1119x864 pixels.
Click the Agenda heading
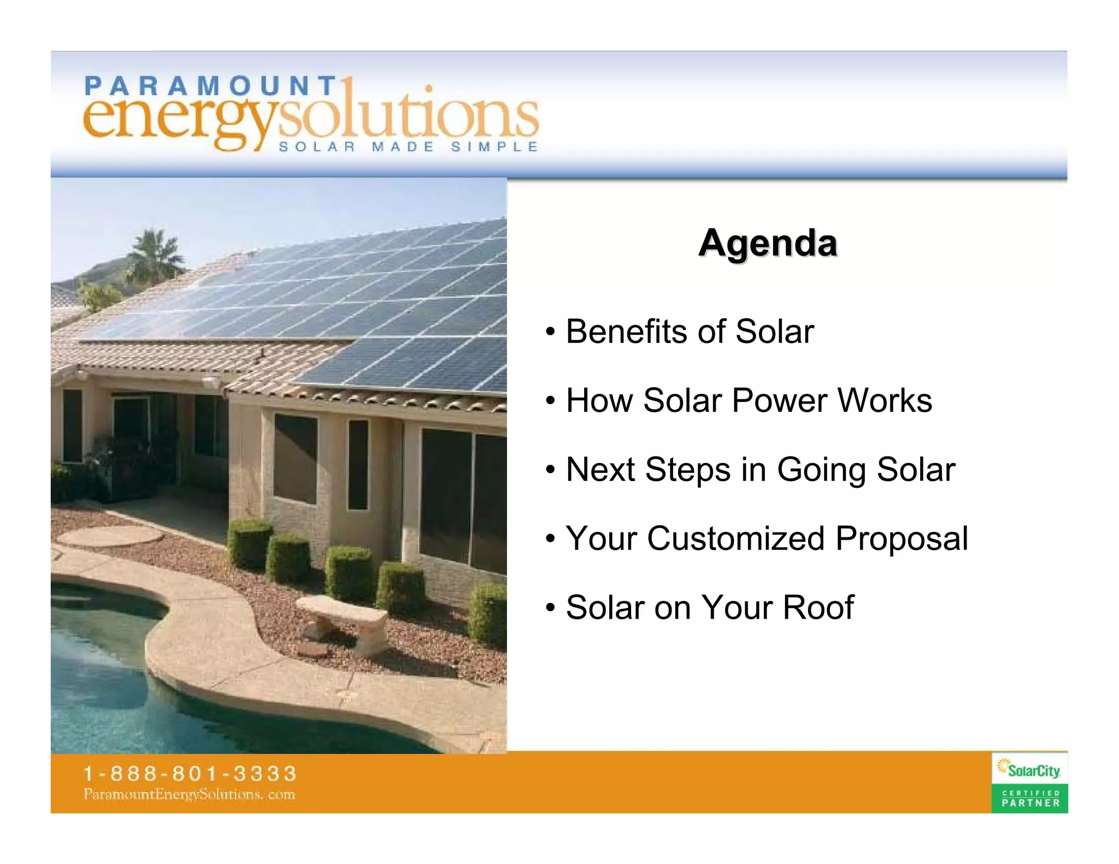768,243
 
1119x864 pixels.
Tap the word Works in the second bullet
885,400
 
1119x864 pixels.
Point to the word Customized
735,538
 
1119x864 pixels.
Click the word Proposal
902,540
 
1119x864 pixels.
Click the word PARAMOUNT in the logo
210,86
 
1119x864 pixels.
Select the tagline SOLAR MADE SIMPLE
408,147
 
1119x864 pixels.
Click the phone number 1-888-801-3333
190,773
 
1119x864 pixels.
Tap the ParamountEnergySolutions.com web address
189,794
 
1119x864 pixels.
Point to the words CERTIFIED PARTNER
1030,798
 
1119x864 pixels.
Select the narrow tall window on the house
358,464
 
